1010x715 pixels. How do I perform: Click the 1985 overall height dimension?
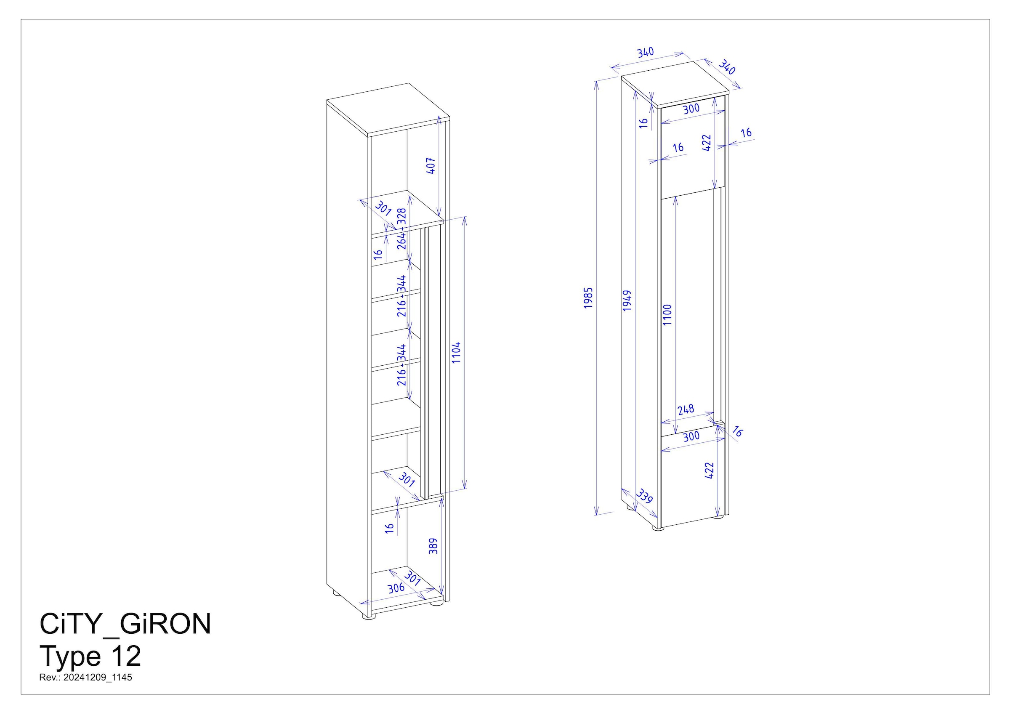pyautogui.click(x=589, y=298)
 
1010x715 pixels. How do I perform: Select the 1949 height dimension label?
pyautogui.click(x=627, y=300)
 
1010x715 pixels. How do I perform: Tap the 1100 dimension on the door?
pyautogui.click(x=667, y=314)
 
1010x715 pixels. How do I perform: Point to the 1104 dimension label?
pyautogui.click(x=456, y=352)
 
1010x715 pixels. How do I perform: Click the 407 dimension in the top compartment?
pyautogui.click(x=431, y=165)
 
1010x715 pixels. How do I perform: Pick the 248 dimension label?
pyautogui.click(x=686, y=410)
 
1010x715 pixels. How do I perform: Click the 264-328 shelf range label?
pyautogui.click(x=401, y=229)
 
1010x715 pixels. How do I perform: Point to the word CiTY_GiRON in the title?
pyautogui.click(x=125, y=624)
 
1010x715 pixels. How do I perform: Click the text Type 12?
pyautogui.click(x=90, y=656)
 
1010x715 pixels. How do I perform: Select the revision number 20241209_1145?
pyautogui.click(x=97, y=678)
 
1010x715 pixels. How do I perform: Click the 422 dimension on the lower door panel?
pyautogui.click(x=709, y=470)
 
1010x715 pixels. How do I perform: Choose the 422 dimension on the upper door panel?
pyautogui.click(x=706, y=143)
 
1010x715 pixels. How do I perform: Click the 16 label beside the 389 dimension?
pyautogui.click(x=389, y=528)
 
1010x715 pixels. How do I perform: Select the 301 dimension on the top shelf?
pyautogui.click(x=383, y=208)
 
